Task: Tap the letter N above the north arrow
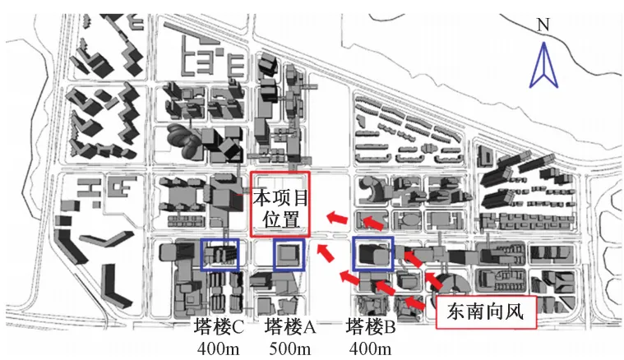(542, 25)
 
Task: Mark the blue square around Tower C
(220, 255)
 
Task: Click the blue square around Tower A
(288, 255)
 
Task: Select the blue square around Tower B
(373, 254)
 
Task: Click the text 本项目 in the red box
(279, 198)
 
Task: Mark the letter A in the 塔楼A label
(310, 326)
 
